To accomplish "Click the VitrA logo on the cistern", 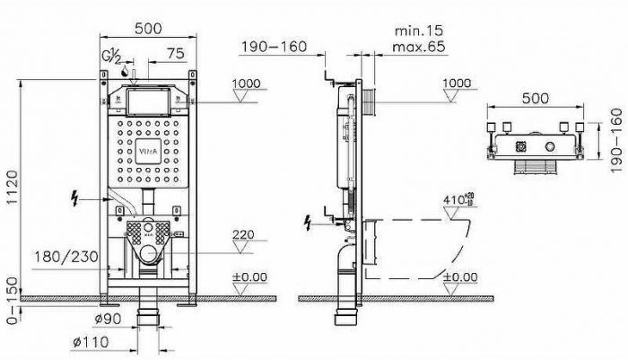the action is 148,152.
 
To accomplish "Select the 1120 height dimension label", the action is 13,188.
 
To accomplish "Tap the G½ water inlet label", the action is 111,57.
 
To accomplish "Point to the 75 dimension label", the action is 175,53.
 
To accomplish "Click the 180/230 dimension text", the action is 66,257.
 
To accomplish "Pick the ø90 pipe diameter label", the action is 108,319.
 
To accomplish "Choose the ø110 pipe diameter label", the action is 91,342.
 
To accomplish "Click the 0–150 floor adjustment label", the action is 13,300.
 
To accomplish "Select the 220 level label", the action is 243,234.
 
